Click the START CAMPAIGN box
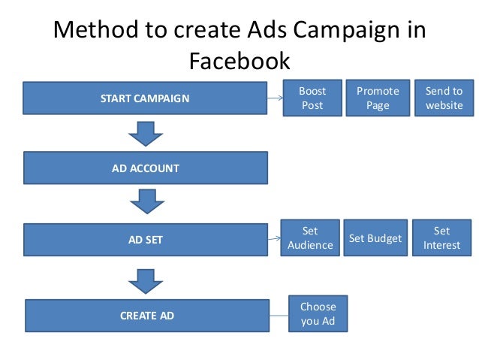[145, 98]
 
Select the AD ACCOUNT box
[145, 168]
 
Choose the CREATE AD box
[146, 316]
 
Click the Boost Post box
[312, 98]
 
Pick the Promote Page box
[378, 98]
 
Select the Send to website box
[444, 98]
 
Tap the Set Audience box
[310, 237]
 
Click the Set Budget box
[375, 238]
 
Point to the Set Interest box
[441, 237]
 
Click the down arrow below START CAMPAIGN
[145, 134]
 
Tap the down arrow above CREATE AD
[145, 280]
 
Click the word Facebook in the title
[239, 60]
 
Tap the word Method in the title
[95, 30]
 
